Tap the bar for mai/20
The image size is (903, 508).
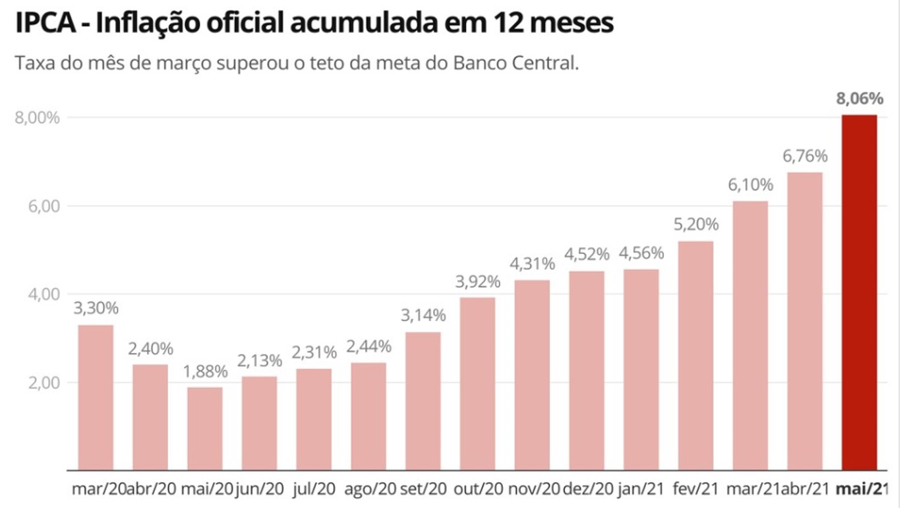(x=205, y=428)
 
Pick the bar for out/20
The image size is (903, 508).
(x=478, y=383)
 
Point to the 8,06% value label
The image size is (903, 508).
(x=859, y=100)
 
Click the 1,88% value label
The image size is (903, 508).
(x=205, y=371)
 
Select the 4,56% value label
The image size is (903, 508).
(x=641, y=253)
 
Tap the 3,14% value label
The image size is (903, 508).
(x=423, y=315)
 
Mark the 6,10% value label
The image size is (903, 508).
(x=750, y=185)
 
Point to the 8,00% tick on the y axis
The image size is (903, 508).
(x=37, y=118)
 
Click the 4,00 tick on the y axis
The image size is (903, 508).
(x=44, y=294)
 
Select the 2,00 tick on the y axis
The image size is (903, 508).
(x=44, y=383)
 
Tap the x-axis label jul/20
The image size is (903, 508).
(x=314, y=489)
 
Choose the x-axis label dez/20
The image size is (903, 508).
(x=587, y=489)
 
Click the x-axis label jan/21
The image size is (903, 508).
(x=641, y=489)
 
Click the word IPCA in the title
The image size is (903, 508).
(x=45, y=23)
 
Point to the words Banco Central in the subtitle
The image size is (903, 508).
(x=521, y=64)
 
